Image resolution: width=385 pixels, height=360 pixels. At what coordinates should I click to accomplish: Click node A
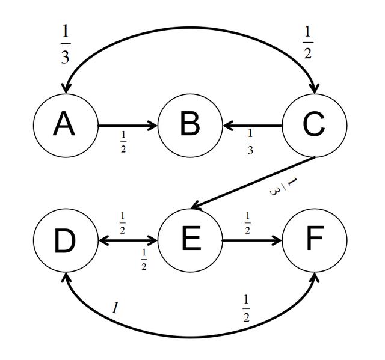coord(64,126)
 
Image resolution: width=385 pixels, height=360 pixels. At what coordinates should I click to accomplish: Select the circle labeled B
coord(189,126)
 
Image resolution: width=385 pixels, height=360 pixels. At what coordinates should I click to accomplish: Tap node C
coord(314,126)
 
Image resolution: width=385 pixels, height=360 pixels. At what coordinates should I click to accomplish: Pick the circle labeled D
coord(64,241)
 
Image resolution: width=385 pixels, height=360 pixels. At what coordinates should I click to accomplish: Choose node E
coord(189,241)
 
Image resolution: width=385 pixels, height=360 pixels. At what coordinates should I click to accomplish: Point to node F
coord(314,241)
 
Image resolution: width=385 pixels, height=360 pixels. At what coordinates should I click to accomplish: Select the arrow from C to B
coord(253,126)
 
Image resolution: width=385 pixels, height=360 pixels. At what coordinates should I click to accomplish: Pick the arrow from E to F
coord(251,241)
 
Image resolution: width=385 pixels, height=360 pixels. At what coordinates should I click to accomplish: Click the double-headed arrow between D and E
coord(127,241)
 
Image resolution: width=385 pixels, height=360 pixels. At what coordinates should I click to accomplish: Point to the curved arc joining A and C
coord(189,27)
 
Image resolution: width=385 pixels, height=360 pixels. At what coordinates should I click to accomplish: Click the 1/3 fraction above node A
coord(65,44)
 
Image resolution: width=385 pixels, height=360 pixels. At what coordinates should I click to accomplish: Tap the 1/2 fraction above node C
coord(308,44)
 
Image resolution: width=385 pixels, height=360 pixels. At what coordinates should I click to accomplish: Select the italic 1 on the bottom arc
coord(115,308)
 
